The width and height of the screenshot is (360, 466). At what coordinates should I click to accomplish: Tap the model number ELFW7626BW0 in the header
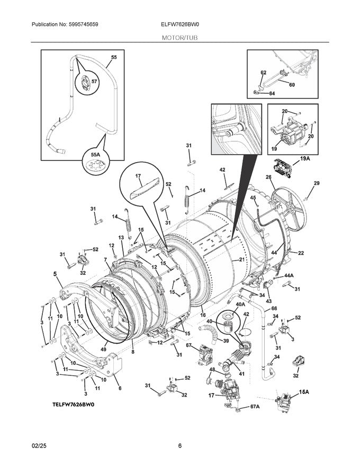click(180, 24)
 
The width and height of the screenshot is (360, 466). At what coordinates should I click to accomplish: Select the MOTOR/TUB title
click(180, 38)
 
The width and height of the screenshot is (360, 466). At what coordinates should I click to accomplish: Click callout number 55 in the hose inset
click(114, 57)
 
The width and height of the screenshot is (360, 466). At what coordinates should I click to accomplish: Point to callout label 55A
click(95, 154)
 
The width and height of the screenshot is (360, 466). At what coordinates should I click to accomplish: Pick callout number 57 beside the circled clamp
click(95, 81)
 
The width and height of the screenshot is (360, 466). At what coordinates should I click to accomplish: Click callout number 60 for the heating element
click(292, 85)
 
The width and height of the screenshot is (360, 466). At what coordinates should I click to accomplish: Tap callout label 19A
click(305, 158)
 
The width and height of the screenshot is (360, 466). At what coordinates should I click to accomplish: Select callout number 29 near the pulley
click(317, 183)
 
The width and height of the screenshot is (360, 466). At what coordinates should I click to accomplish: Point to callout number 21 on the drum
click(241, 259)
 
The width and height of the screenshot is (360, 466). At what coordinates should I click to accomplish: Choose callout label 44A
click(289, 276)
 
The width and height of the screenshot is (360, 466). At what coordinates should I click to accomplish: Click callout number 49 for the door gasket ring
click(104, 349)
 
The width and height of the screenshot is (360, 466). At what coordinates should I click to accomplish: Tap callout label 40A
click(240, 304)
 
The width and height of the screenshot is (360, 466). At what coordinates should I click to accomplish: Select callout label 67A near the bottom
click(255, 406)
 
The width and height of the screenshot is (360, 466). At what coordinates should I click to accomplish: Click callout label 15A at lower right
click(304, 392)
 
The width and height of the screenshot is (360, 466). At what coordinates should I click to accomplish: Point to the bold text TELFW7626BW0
click(73, 405)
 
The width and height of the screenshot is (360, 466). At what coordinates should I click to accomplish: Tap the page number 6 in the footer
click(180, 445)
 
